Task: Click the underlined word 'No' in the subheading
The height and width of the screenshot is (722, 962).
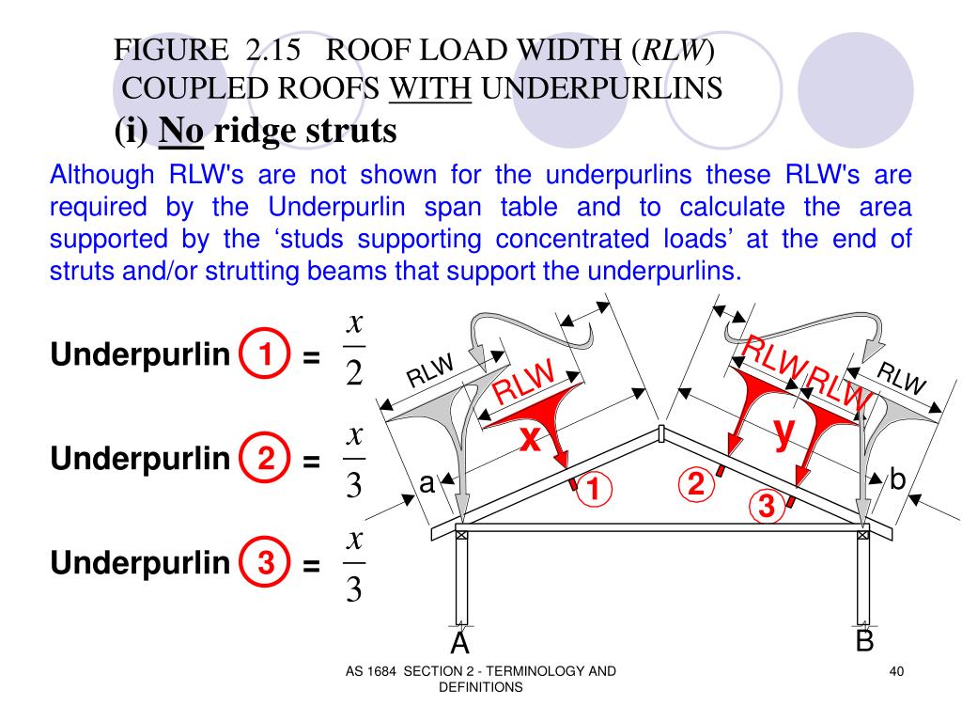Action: click(181, 132)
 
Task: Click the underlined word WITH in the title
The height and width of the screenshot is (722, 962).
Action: click(430, 88)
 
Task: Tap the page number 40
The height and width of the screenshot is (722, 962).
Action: click(895, 670)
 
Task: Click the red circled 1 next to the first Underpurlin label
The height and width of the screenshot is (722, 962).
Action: click(266, 355)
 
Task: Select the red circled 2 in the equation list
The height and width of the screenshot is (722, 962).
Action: click(266, 460)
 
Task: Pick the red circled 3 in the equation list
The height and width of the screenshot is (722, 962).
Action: click(266, 563)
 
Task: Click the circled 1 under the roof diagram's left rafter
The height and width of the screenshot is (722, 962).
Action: click(594, 490)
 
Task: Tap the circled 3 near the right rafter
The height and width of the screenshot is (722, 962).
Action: click(766, 508)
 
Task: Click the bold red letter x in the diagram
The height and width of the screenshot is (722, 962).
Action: click(531, 438)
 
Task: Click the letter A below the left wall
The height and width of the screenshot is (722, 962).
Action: click(459, 643)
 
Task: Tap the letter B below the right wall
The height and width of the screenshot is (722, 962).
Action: click(864, 641)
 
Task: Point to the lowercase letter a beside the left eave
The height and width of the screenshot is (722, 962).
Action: click(427, 483)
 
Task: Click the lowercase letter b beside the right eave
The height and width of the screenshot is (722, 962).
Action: click(897, 480)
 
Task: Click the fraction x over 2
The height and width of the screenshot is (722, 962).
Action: click(354, 350)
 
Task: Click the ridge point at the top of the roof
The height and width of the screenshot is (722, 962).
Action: click(661, 432)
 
